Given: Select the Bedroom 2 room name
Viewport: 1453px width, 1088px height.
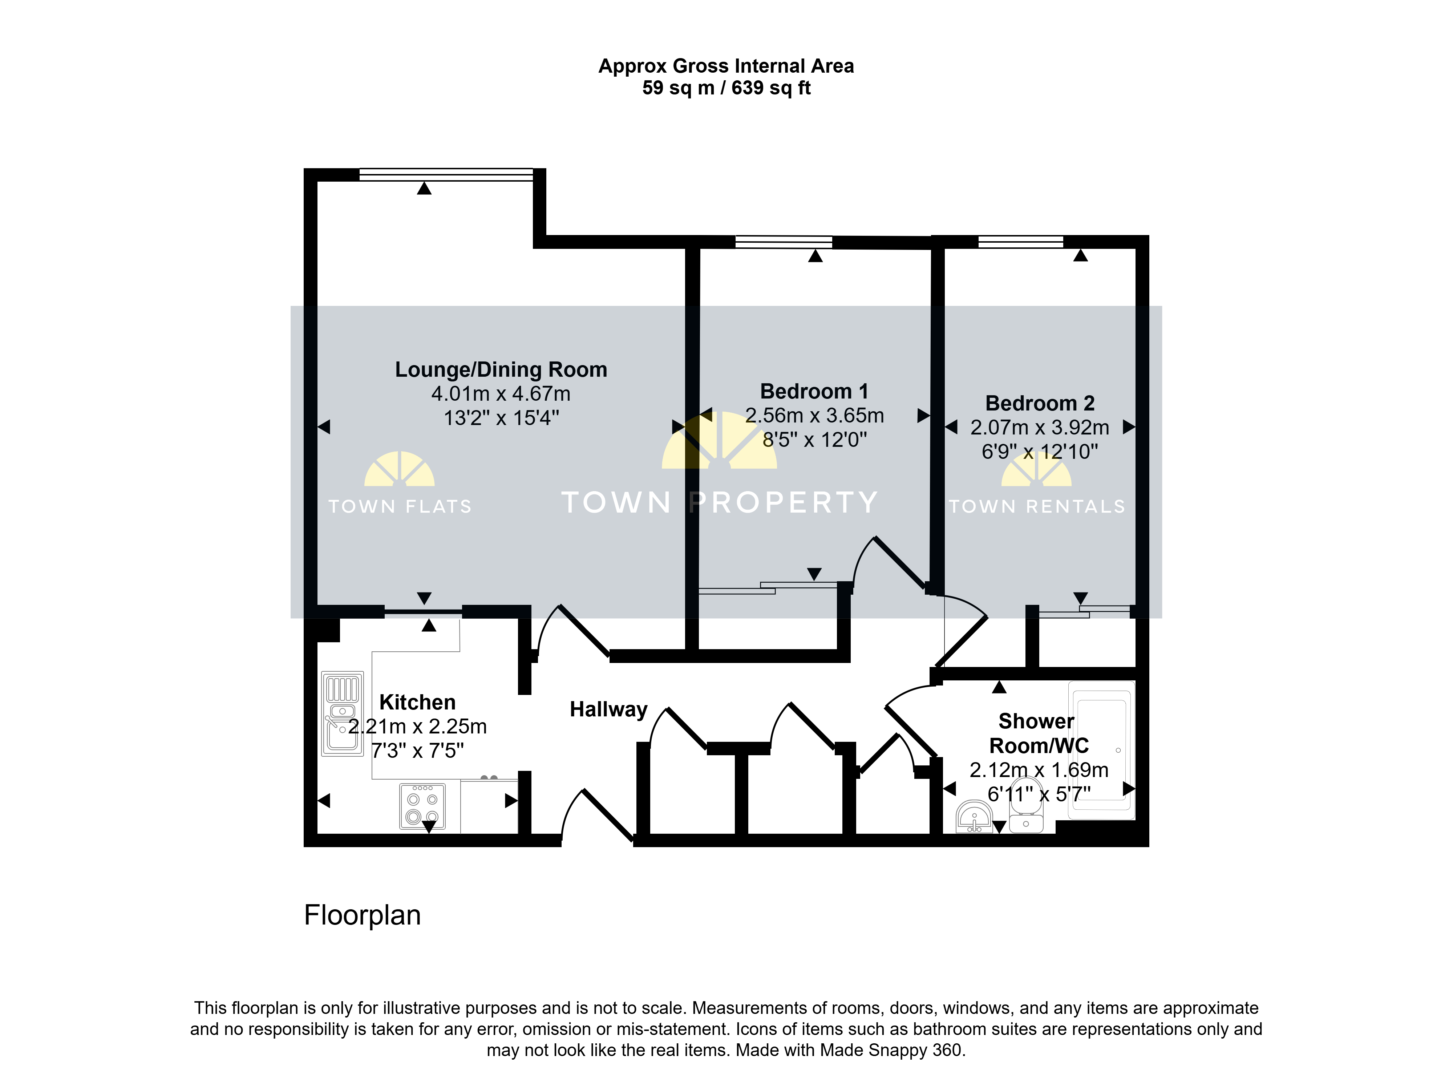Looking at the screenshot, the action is [1040, 403].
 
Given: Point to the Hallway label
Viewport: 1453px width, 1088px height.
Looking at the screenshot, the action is [608, 709].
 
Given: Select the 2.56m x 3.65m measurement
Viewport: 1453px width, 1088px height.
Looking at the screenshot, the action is [814, 415].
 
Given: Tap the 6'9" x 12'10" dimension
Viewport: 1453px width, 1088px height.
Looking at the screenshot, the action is [1040, 451].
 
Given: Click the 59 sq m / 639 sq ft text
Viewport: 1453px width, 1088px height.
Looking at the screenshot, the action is [726, 88].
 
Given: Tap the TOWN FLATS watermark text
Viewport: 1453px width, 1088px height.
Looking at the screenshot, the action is [400, 506].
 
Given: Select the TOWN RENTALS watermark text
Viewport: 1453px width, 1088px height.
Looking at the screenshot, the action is [1037, 506].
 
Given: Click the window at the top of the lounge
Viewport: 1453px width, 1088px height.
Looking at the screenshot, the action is [446, 175].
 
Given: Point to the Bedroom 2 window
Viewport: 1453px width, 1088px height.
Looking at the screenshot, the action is [1021, 242].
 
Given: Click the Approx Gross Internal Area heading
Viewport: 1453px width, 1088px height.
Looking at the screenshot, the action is [726, 66].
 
